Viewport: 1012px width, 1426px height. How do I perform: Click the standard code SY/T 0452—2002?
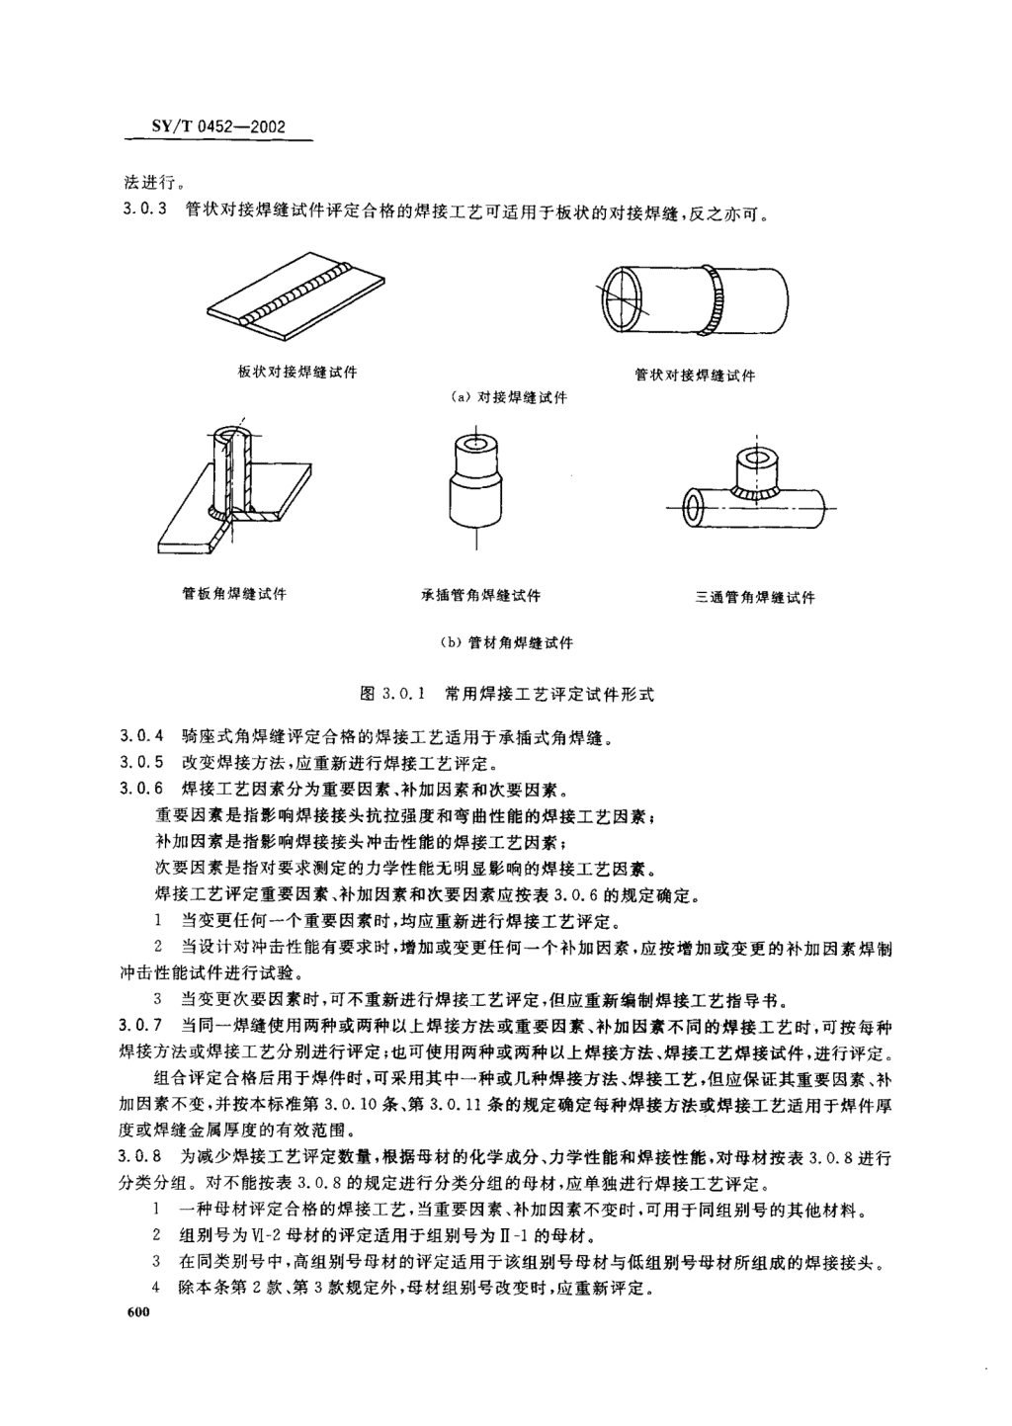pyautogui.click(x=218, y=126)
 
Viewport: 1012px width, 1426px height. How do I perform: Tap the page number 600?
pyautogui.click(x=137, y=1312)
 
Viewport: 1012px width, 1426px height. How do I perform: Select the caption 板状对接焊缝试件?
pyautogui.click(x=297, y=373)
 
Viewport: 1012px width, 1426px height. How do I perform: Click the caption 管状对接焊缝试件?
pyautogui.click(x=695, y=376)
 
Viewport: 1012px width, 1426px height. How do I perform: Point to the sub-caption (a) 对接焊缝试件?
pyautogui.click(x=508, y=398)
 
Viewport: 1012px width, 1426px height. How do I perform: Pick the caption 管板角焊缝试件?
pyautogui.click(x=234, y=594)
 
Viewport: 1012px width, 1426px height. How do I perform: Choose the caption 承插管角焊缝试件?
pyautogui.click(x=480, y=596)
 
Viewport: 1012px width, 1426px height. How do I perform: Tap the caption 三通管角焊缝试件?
pyautogui.click(x=755, y=598)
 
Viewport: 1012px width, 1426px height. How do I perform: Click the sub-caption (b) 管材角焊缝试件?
pyautogui.click(x=507, y=643)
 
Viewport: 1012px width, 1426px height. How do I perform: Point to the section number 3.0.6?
pyautogui.click(x=141, y=790)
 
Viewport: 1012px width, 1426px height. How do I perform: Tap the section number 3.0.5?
pyautogui.click(x=141, y=762)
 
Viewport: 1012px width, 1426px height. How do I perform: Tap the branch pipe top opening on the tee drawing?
pyautogui.click(x=757, y=459)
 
